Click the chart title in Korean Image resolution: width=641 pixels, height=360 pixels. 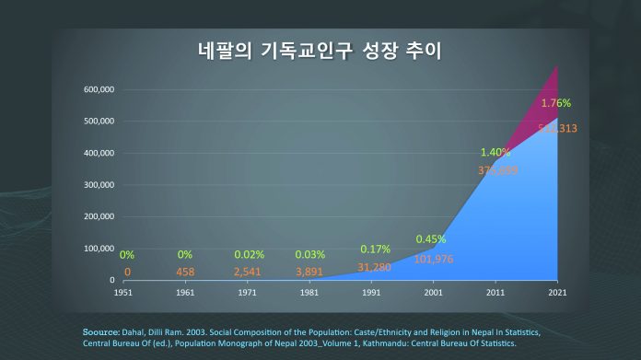[x=320, y=52]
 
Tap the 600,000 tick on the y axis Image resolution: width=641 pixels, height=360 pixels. [x=99, y=89]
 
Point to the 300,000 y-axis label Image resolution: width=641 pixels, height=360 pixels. [x=99, y=185]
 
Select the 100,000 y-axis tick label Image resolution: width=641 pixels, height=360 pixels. [x=99, y=249]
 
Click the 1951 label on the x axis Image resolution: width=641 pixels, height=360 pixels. [x=125, y=293]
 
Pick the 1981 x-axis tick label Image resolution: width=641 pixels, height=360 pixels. [x=309, y=293]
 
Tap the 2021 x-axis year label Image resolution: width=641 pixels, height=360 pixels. [x=557, y=293]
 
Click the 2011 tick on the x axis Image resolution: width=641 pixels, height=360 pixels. [x=495, y=293]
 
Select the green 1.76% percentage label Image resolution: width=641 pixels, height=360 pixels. [x=556, y=103]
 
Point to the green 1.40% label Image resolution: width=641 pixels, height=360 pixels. [x=495, y=152]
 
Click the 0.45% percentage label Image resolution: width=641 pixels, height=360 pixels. [x=432, y=239]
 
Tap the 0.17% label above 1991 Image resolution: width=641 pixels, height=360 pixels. [x=375, y=250]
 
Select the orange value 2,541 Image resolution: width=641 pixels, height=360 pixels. [x=248, y=273]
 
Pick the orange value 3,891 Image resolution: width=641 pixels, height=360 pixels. [x=309, y=273]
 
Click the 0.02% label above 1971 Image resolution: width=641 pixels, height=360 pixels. [x=248, y=254]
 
